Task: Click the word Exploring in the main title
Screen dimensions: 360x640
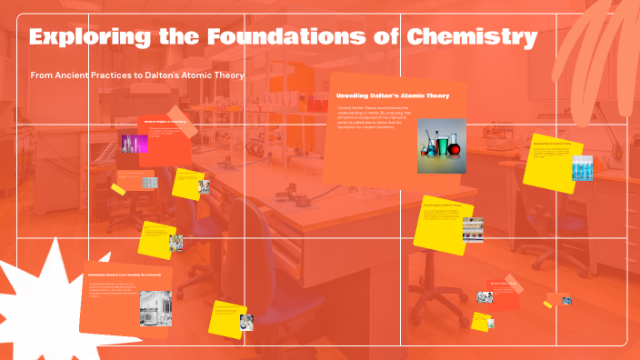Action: click(83, 38)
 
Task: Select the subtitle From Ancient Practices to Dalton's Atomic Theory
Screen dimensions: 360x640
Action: click(136, 75)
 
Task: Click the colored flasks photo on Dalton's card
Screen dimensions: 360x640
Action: click(441, 145)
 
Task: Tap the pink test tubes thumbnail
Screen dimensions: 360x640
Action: click(135, 143)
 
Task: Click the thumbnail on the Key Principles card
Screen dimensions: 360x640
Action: click(473, 228)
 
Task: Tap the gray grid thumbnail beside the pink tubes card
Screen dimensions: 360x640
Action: click(149, 182)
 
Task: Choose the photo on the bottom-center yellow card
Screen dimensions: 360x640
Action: click(245, 322)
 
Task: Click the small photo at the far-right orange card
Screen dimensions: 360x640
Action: click(566, 299)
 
